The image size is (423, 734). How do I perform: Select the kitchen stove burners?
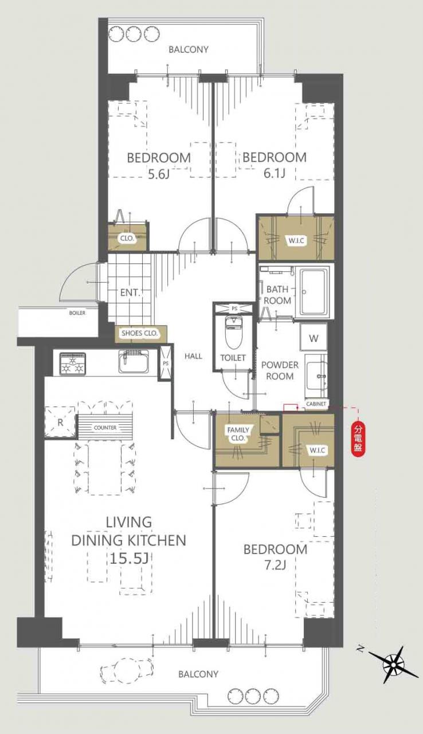(x=73, y=364)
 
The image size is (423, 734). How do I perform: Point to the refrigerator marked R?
(x=60, y=422)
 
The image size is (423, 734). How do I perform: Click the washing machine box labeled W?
(x=314, y=338)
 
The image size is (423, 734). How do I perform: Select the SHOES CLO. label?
(x=140, y=334)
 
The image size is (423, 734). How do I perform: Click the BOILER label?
(x=77, y=313)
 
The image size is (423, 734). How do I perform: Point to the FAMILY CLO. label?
(x=238, y=434)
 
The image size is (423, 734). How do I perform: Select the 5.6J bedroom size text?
(x=159, y=174)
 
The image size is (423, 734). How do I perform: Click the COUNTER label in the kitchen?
(x=105, y=428)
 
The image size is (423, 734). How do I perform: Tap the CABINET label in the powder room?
(x=316, y=404)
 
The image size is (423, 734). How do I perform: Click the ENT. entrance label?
(x=130, y=292)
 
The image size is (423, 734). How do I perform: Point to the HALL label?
(x=193, y=356)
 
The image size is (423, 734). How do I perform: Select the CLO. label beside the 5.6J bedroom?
(x=127, y=238)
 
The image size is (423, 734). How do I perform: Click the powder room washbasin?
(x=316, y=376)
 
